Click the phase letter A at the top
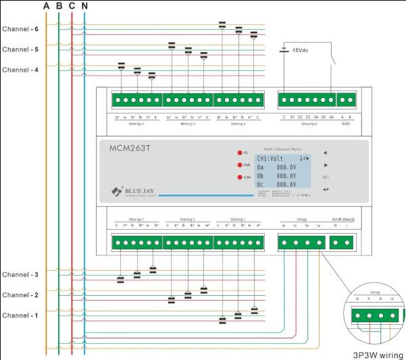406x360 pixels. pyautogui.click(x=46, y=6)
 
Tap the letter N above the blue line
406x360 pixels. pyautogui.click(x=84, y=6)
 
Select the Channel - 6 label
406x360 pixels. pyautogui.click(x=20, y=30)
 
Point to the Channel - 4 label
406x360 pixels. pyautogui.click(x=20, y=70)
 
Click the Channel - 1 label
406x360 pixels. pyautogui.click(x=20, y=315)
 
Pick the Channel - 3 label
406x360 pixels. pyautogui.click(x=20, y=275)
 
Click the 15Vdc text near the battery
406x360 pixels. pyautogui.click(x=301, y=51)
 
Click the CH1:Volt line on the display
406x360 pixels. pyautogui.click(x=272, y=159)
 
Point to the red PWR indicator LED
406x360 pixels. pyautogui.click(x=239, y=165)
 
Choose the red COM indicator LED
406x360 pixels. pyautogui.click(x=239, y=178)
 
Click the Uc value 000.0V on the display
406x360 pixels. pyautogui.click(x=286, y=184)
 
